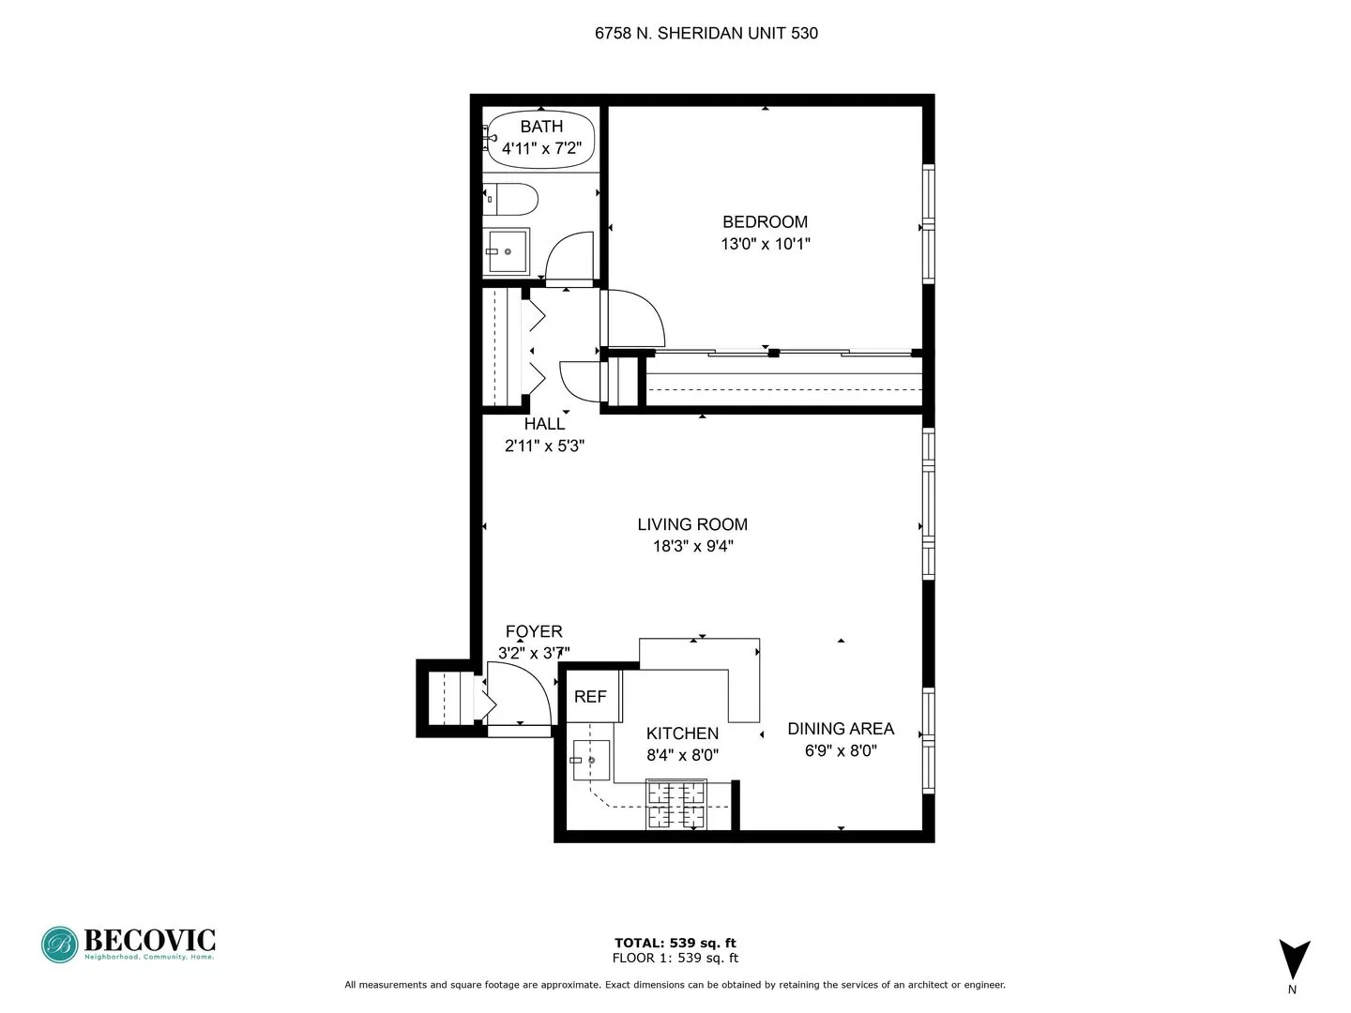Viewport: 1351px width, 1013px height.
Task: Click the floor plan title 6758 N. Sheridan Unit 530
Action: point(706,34)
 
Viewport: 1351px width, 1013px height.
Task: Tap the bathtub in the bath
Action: point(541,140)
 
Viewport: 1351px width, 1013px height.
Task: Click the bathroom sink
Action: point(508,250)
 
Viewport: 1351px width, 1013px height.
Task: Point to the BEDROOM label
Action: point(765,222)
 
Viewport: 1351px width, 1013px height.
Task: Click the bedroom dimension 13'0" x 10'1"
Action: point(765,245)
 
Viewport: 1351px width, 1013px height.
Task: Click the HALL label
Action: point(544,424)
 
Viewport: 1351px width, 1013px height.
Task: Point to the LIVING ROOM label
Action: point(692,525)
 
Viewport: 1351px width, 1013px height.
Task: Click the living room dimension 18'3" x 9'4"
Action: point(692,547)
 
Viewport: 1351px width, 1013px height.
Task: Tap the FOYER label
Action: point(534,632)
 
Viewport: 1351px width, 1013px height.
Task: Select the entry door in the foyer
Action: point(519,694)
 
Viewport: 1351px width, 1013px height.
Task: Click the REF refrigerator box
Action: point(591,697)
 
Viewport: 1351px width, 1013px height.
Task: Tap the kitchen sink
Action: point(591,760)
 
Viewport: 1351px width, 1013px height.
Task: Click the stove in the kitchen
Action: point(675,805)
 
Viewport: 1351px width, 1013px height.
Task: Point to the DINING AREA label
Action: point(840,729)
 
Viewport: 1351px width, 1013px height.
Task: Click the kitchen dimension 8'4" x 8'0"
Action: point(682,755)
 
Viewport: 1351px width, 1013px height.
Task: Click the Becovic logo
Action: point(129,944)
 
